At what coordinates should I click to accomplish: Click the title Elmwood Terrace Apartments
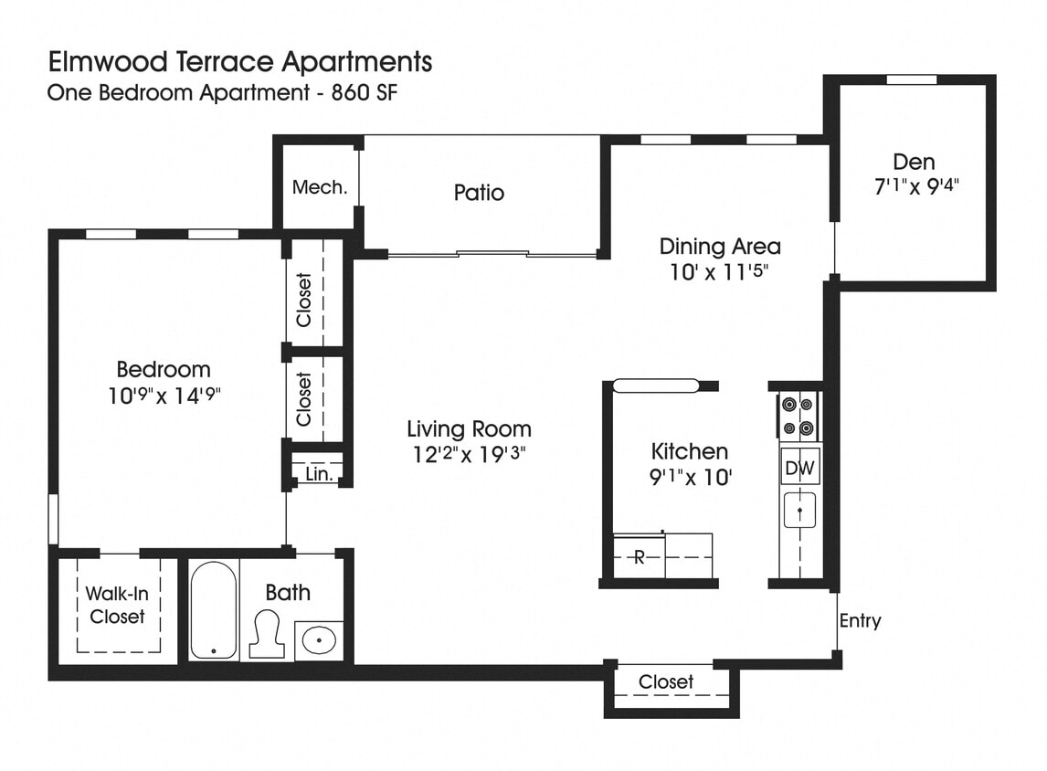239,62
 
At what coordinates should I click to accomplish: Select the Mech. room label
320,187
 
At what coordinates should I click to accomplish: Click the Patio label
479,193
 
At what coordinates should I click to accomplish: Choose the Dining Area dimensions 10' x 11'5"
720,271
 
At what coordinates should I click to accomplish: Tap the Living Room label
469,428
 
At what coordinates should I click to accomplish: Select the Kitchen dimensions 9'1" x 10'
690,476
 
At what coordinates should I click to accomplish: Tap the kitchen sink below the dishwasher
799,510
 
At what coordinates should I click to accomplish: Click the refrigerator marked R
639,556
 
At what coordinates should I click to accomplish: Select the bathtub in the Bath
214,610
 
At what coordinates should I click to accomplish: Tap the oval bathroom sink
319,640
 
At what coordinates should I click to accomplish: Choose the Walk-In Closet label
117,605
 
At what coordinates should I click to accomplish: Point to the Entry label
860,620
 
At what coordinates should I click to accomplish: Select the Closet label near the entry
666,681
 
